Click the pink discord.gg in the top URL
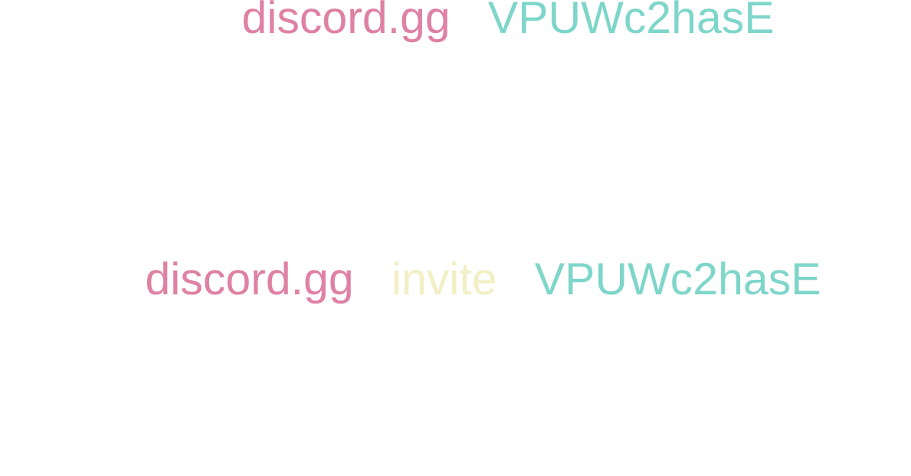coord(345,21)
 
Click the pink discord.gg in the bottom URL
coord(249,280)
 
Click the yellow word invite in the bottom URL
coord(444,280)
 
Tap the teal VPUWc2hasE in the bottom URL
coord(677,280)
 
